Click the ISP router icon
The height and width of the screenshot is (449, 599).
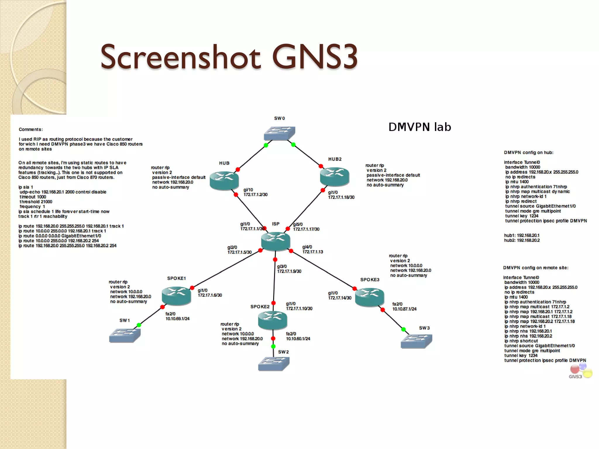[x=276, y=241]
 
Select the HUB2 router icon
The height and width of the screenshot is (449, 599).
[x=335, y=176]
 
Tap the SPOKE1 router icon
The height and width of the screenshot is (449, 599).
[x=176, y=296]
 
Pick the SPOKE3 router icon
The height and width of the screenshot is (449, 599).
[x=369, y=297]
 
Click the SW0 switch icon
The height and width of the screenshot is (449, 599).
[x=279, y=133]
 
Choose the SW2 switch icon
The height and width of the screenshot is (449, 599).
[x=274, y=364]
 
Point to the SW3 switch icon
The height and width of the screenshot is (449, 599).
[x=416, y=341]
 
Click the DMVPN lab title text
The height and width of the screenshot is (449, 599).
[x=419, y=127]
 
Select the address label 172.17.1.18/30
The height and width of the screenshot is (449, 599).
[x=341, y=197]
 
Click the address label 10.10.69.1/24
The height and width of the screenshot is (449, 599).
[x=178, y=319]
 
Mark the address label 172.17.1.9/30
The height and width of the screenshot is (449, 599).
[x=289, y=271]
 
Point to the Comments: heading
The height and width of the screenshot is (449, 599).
[x=31, y=129]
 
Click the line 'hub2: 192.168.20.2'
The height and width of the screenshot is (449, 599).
[x=522, y=240]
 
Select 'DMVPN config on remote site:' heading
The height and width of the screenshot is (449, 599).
[x=536, y=268]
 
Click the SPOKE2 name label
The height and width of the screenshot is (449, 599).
[x=260, y=307]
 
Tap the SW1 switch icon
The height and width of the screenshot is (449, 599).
[x=125, y=335]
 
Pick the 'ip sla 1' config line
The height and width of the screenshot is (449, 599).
[x=26, y=187]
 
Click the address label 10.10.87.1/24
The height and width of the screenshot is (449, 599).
[x=404, y=309]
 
